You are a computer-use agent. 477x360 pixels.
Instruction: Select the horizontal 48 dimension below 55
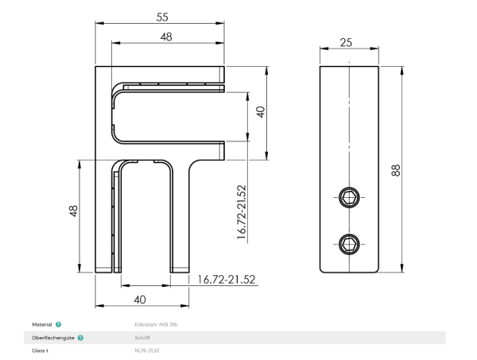[166, 37]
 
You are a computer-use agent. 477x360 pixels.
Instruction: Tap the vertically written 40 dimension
[259, 112]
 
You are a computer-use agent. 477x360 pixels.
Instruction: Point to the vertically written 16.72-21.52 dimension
[242, 213]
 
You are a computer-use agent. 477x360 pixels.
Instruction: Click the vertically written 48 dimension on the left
[73, 211]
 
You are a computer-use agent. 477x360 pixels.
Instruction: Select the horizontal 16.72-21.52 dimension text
[227, 279]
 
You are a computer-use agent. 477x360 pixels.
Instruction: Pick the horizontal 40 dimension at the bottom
[140, 299]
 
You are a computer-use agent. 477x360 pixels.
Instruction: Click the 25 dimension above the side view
[346, 42]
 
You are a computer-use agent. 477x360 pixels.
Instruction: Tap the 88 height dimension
[396, 170]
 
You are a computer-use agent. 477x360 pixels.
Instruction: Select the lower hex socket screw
[351, 242]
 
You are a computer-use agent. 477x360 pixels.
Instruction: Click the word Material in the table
[42, 325]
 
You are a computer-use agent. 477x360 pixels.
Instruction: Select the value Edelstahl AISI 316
[156, 325]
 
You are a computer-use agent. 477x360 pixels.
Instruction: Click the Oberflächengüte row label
[52, 338]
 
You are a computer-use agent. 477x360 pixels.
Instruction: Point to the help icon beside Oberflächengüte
[80, 338]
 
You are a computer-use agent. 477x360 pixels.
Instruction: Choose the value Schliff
[142, 338]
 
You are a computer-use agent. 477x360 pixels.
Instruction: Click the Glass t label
[41, 350]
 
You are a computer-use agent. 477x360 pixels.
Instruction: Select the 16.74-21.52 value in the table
[147, 350]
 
